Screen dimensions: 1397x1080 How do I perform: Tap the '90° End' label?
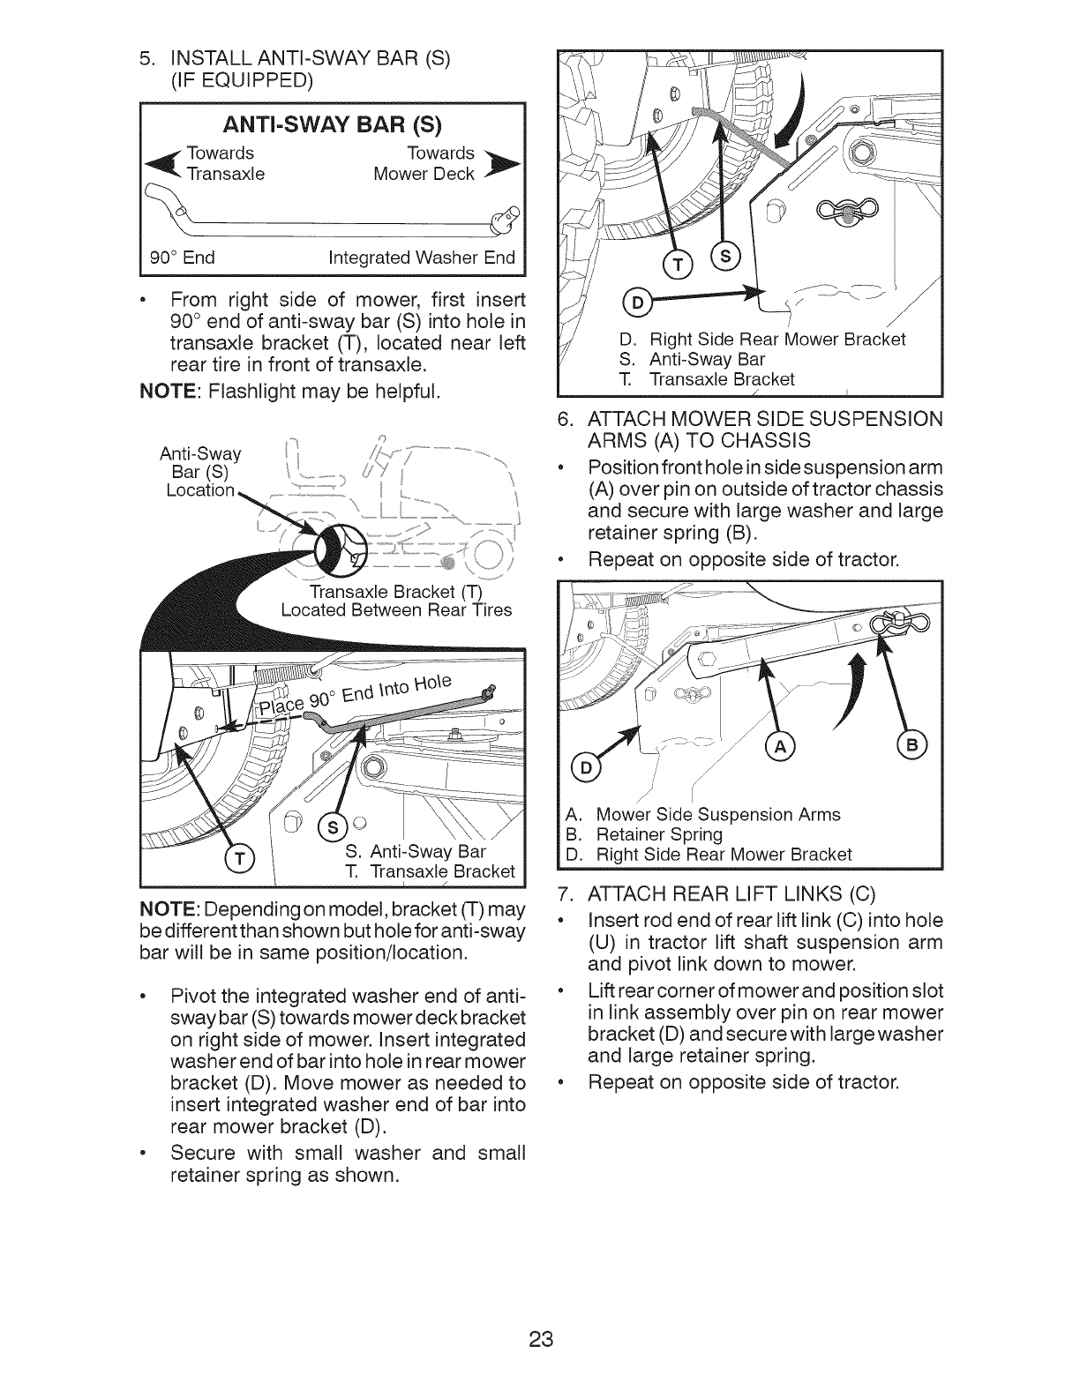click(183, 258)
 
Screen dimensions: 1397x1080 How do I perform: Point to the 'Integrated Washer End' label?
click(421, 258)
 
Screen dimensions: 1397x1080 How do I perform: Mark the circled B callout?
click(911, 746)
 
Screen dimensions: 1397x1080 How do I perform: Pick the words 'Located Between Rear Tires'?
click(395, 609)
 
